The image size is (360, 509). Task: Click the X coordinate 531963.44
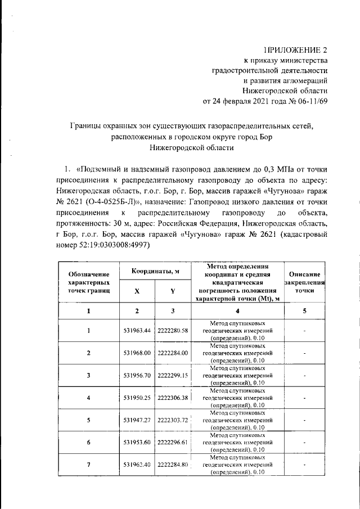click(x=137, y=330)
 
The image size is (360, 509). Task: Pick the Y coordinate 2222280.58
click(x=173, y=330)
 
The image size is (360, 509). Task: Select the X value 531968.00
click(x=137, y=353)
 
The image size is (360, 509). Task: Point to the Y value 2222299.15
click(x=173, y=375)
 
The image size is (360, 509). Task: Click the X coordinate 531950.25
click(x=137, y=398)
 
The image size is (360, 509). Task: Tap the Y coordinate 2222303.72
click(x=173, y=420)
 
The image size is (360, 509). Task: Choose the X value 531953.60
click(x=137, y=443)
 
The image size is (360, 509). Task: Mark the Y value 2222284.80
click(x=173, y=465)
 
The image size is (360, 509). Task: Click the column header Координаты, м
click(x=155, y=272)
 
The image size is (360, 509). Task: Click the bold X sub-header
click(x=137, y=291)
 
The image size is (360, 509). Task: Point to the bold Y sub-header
click(x=173, y=291)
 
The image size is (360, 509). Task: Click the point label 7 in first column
click(x=88, y=465)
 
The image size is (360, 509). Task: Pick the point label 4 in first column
click(x=88, y=398)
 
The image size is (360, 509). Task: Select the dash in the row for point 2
click(x=304, y=353)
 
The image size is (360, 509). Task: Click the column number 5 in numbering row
click(x=304, y=310)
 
